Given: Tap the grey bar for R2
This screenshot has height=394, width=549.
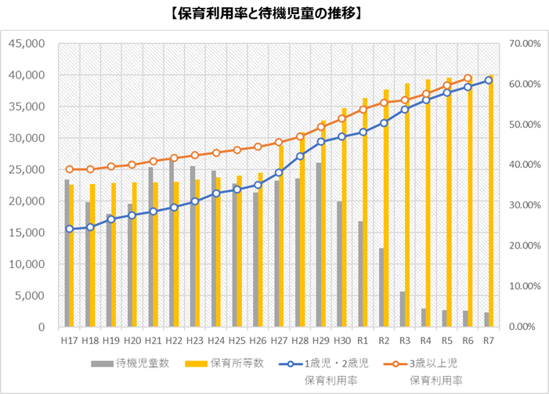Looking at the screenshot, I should click(x=381, y=287).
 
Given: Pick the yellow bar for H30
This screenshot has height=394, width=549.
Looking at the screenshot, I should click(x=345, y=217).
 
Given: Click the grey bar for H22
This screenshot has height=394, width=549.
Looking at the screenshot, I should click(x=172, y=243).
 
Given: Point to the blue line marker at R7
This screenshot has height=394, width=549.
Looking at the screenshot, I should click(x=489, y=80).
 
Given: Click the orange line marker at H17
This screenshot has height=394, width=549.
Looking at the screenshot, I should click(x=69, y=169).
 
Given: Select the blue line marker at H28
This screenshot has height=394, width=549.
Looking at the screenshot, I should click(x=300, y=157).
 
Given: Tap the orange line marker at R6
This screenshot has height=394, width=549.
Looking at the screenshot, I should click(x=468, y=78).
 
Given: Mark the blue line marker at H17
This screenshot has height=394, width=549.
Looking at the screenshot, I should click(x=69, y=229).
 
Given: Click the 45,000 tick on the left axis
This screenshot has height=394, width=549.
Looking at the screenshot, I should click(x=29, y=44).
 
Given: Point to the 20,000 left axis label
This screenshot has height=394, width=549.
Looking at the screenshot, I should click(x=29, y=201).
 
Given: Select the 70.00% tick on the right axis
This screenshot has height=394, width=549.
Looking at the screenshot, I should click(x=525, y=44).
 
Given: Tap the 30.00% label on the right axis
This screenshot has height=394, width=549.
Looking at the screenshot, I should click(x=525, y=205).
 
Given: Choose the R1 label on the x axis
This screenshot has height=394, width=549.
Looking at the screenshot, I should click(x=363, y=341).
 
